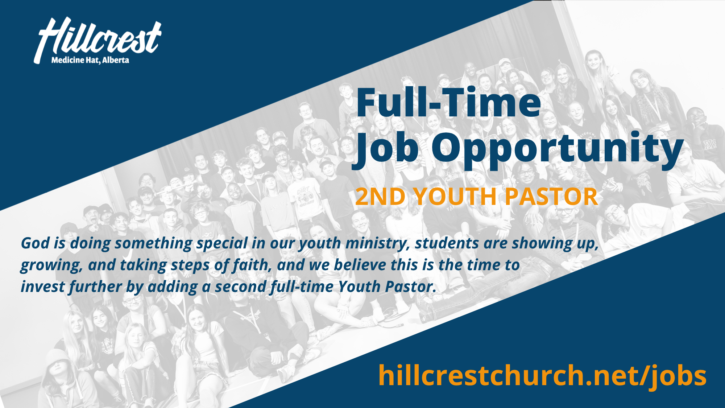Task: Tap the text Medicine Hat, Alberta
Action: coord(90,60)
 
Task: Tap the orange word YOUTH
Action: coord(455,197)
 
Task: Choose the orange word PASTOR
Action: coord(551,197)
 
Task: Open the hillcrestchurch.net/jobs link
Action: coord(542,376)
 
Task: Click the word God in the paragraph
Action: coord(35,243)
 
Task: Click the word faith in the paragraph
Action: coord(252,265)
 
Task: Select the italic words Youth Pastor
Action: coord(387,287)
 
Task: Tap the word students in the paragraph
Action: coord(447,243)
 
